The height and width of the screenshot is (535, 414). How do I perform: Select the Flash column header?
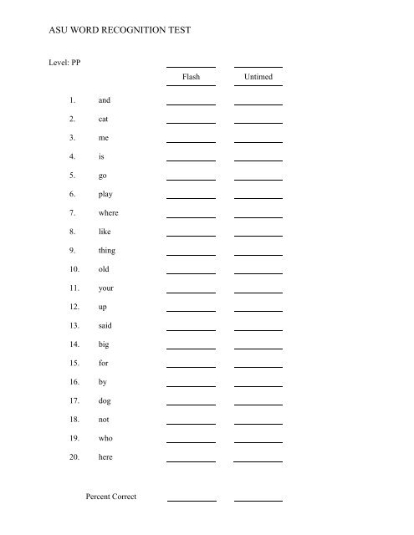191,77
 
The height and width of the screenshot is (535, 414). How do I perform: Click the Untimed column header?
258,77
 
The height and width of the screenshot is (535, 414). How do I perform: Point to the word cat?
104,119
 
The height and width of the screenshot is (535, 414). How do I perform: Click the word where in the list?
109,213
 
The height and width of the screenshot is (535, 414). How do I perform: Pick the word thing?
107,251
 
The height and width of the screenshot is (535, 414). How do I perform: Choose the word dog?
105,401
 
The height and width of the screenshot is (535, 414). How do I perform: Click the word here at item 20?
105,457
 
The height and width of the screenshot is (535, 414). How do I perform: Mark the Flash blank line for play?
191,197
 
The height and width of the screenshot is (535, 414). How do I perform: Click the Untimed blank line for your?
258,292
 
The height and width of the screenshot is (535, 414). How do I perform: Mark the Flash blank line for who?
191,442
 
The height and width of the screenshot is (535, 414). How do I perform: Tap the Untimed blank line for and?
258,104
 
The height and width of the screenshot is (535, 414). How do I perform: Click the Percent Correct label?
111,497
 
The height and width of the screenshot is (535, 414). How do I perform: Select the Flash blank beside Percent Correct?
192,500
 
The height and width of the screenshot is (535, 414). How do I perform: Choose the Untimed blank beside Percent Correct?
258,500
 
